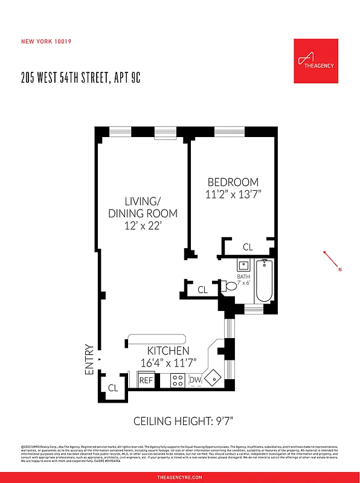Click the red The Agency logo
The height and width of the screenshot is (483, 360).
pyautogui.click(x=315, y=61)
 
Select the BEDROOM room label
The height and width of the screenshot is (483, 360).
pyautogui.click(x=233, y=182)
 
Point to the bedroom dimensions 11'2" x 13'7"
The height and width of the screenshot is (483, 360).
pyautogui.click(x=233, y=194)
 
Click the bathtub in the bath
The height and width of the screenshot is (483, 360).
pyautogui.click(x=264, y=281)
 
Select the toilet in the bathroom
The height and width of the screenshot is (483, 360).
pyautogui.click(x=229, y=287)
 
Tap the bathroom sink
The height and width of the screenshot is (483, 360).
pyautogui.click(x=242, y=265)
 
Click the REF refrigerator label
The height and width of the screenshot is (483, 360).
pyautogui.click(x=146, y=380)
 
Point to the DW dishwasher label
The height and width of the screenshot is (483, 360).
pyautogui.click(x=195, y=380)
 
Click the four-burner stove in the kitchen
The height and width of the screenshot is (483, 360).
pyautogui.click(x=178, y=380)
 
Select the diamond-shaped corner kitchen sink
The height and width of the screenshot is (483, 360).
pyautogui.click(x=213, y=379)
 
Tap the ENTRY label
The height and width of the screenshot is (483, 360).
pyautogui.click(x=90, y=360)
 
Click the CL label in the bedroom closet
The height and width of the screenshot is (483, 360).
pyautogui.click(x=248, y=247)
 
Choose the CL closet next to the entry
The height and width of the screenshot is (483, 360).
pyautogui.click(x=112, y=388)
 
